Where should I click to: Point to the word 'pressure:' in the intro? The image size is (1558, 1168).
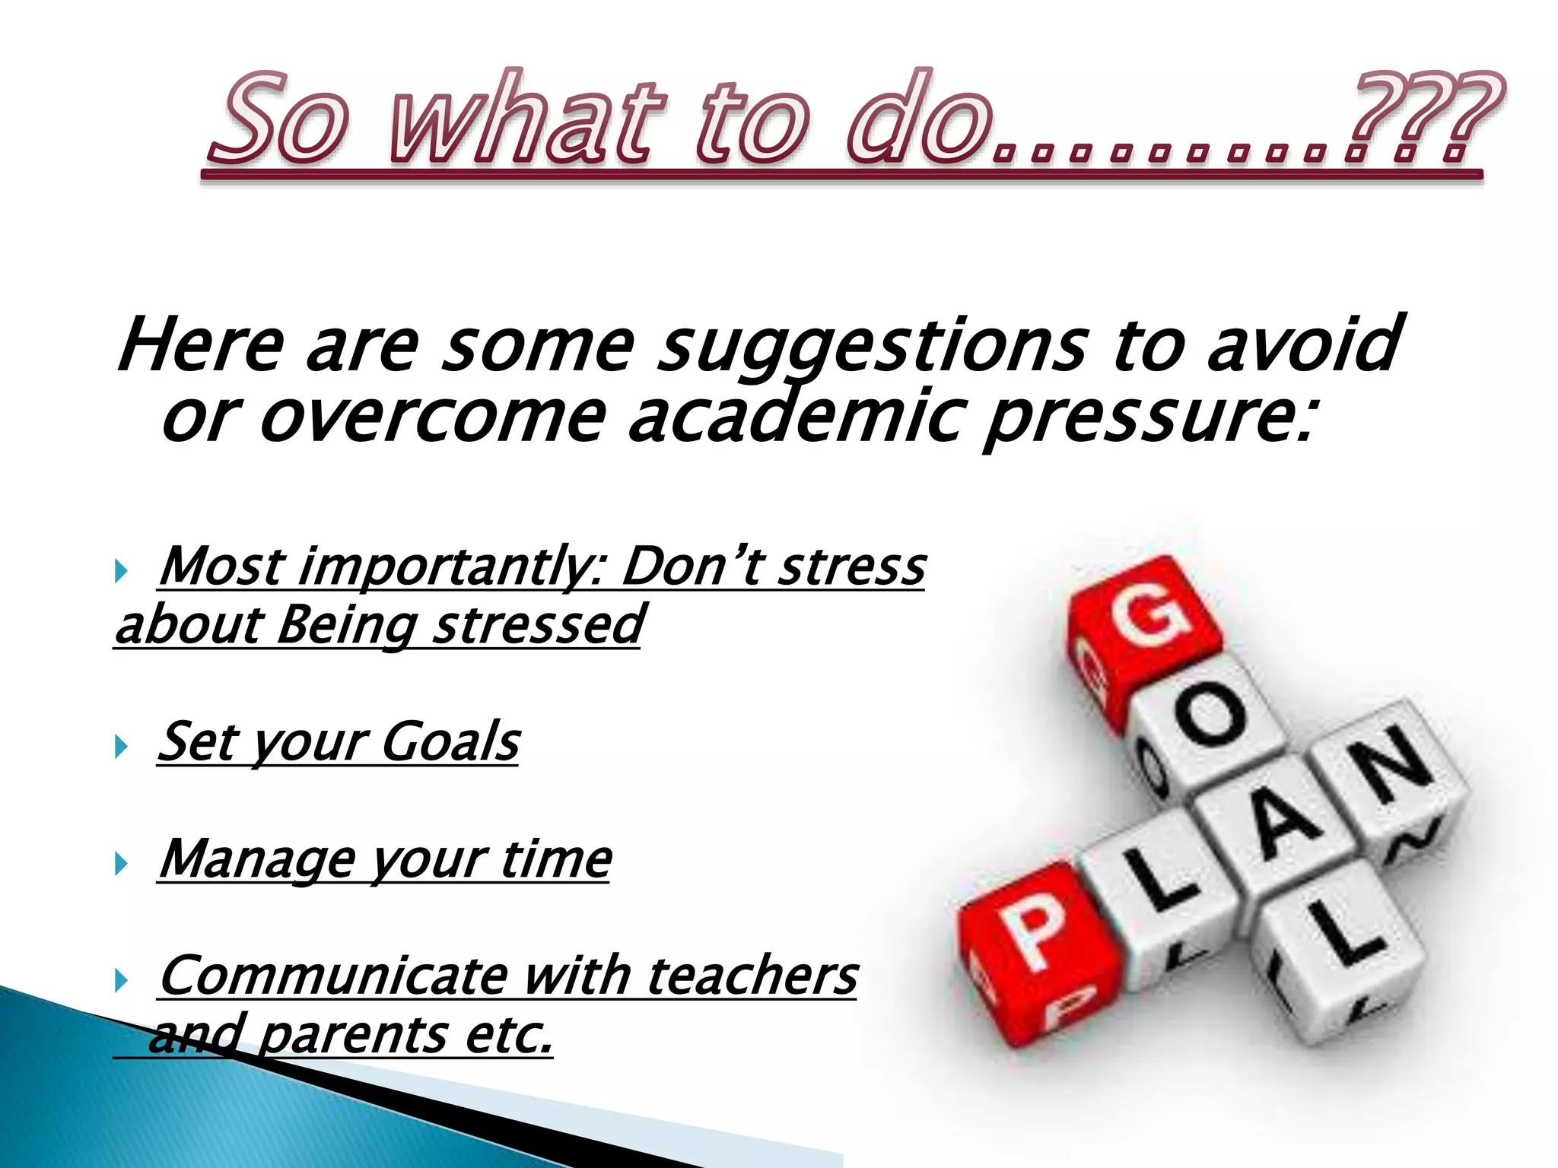pos(1149,418)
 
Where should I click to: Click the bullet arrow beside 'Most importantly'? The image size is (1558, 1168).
pos(120,570)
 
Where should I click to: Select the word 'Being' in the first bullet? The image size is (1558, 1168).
pos(346,625)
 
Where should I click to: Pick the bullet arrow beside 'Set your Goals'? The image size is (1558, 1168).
pos(120,746)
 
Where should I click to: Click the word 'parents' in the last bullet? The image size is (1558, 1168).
pos(354,1036)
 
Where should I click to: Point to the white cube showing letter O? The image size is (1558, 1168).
pos(1210,719)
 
